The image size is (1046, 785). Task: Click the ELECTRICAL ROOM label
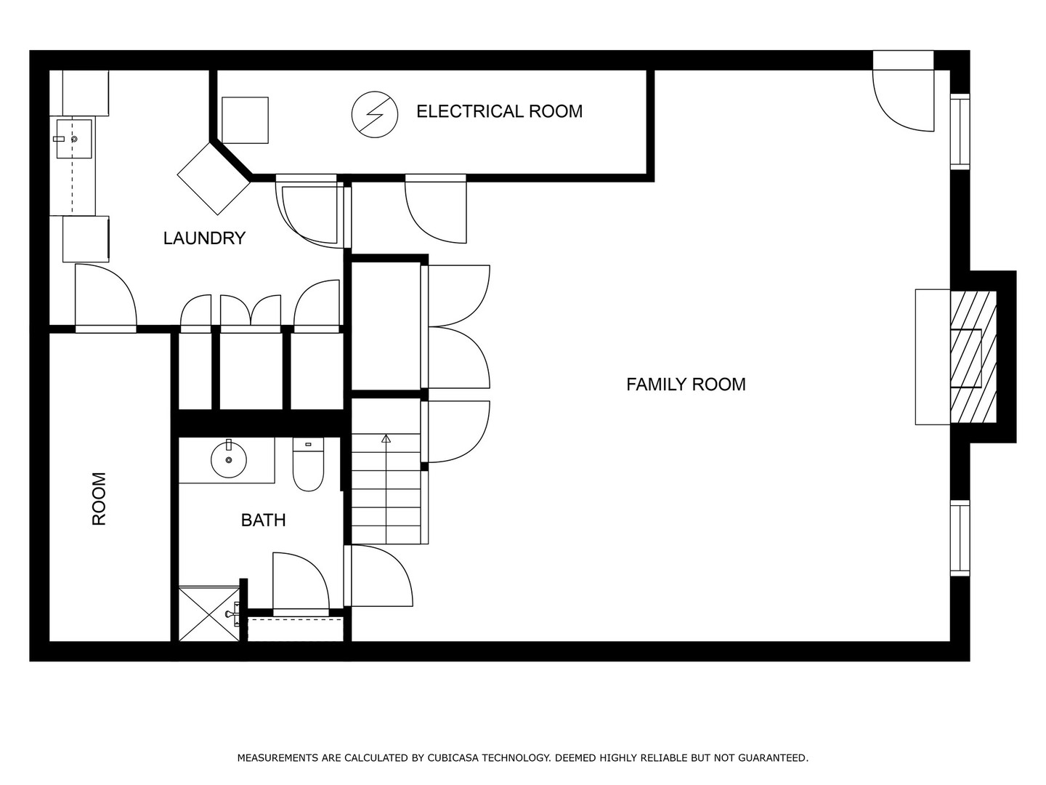click(x=500, y=111)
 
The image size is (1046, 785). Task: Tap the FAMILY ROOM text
click(x=686, y=385)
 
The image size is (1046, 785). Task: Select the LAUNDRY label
click(x=204, y=238)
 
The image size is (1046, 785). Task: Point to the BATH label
click(x=263, y=520)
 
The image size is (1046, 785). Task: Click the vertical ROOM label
click(x=99, y=499)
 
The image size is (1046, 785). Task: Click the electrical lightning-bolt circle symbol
click(x=375, y=114)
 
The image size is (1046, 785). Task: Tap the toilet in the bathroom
click(x=308, y=464)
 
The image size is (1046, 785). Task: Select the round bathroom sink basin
click(x=229, y=459)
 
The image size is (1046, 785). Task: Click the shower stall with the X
click(x=209, y=614)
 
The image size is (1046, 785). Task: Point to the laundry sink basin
click(x=74, y=139)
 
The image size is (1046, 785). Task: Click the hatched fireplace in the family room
click(x=973, y=357)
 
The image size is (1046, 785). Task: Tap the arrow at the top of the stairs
click(x=386, y=438)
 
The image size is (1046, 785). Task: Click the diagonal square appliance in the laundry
click(x=214, y=179)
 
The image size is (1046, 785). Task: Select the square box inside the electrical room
click(x=245, y=120)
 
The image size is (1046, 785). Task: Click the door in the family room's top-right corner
click(x=903, y=97)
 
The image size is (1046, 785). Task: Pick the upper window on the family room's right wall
click(x=960, y=132)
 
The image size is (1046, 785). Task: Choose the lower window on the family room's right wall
click(x=960, y=538)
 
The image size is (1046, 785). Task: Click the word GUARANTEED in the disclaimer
click(x=773, y=758)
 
